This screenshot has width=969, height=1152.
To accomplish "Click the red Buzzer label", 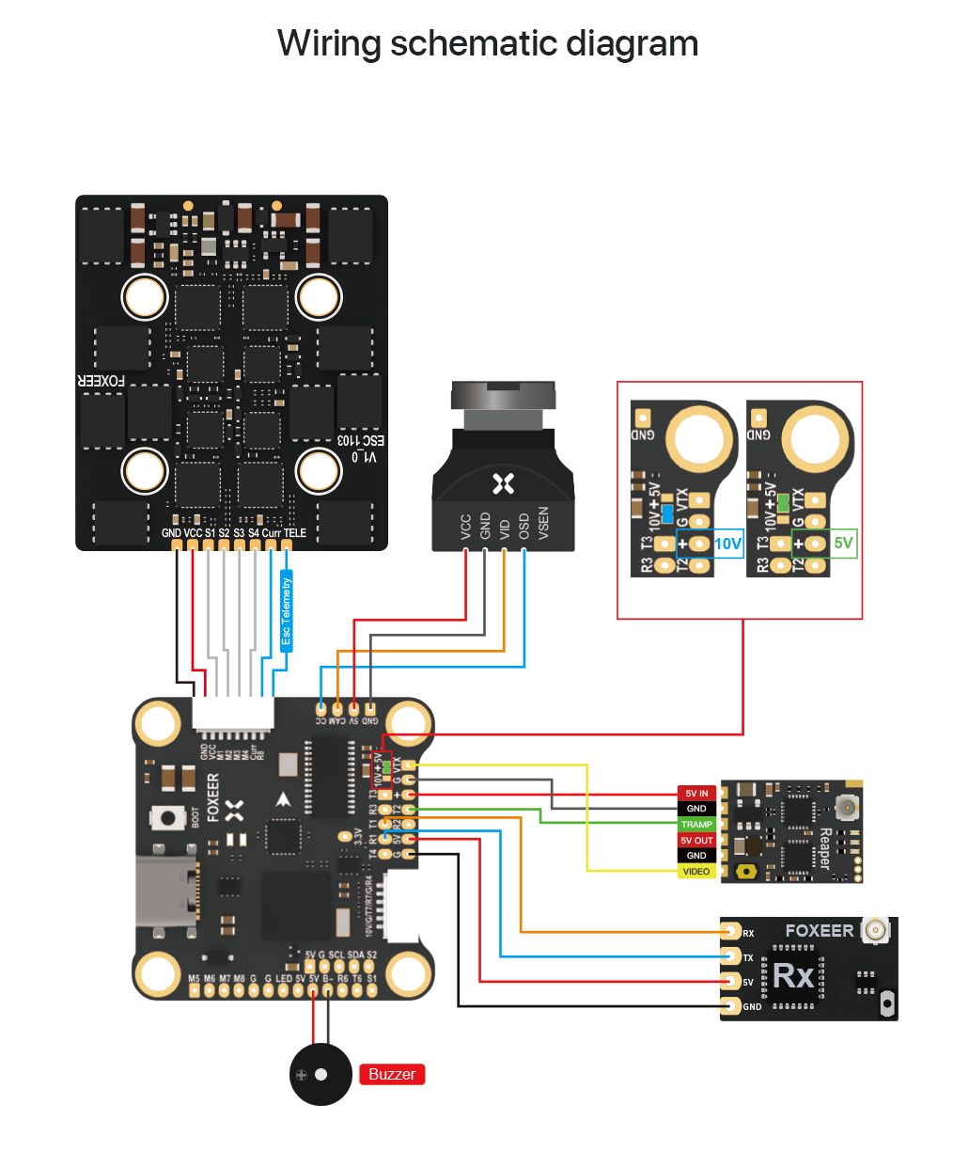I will (392, 1074).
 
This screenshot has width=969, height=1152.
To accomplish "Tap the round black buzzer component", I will (314, 1074).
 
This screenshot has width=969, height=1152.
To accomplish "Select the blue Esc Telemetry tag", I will (287, 611).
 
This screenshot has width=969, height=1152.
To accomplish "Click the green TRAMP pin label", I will (696, 825).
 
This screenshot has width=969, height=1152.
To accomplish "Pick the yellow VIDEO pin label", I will (696, 872).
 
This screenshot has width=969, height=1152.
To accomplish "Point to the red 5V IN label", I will (696, 794).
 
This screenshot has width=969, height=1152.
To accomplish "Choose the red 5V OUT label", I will (696, 841).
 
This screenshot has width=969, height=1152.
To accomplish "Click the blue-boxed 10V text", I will (727, 544).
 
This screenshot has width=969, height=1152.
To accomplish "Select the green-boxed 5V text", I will (843, 544).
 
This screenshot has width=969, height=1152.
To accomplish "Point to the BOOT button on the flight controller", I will (170, 818).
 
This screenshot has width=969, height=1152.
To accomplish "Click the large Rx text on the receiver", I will (792, 976).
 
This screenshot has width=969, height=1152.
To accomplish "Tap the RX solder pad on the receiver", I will (730, 931).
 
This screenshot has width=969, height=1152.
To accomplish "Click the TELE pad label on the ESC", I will (295, 532).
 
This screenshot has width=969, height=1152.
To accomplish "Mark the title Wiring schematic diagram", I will (488, 43).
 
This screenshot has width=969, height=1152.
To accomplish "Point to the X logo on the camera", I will (503, 484).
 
